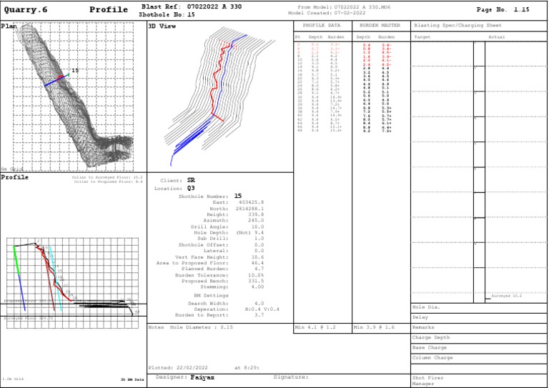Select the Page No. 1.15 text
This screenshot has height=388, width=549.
coord(503,10)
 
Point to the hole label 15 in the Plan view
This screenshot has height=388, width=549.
coord(74,71)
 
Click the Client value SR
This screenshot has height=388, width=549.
coord(191,181)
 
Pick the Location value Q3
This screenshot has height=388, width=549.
coord(191,188)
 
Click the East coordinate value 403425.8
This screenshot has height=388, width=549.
coord(251,202)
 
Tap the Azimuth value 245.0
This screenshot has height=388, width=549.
coord(256,222)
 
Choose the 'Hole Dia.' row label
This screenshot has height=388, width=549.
coord(425,307)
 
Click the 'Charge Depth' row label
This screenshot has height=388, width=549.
coord(431,337)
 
